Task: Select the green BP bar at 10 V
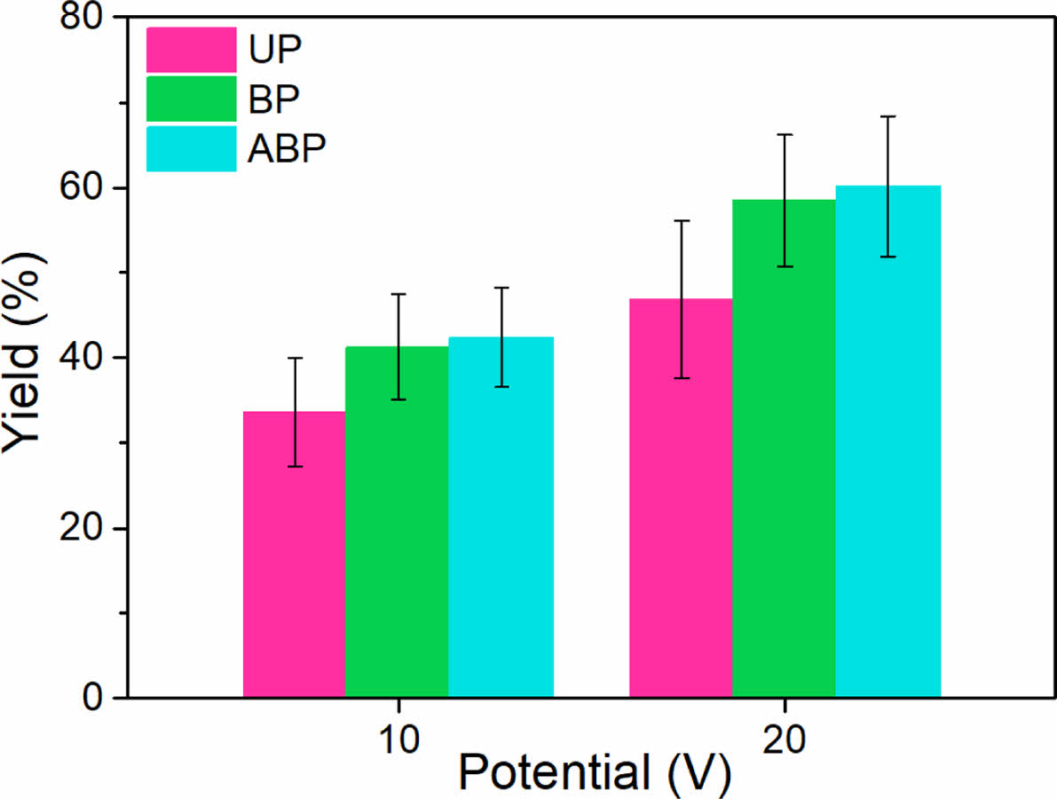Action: [x=397, y=533]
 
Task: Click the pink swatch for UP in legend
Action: [x=192, y=50]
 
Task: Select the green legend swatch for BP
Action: [x=192, y=99]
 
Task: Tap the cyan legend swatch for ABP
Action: [x=192, y=148]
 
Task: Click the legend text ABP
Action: [x=289, y=148]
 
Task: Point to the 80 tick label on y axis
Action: [x=83, y=20]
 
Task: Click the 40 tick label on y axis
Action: [x=83, y=358]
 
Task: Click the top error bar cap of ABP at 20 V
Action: [x=887, y=116]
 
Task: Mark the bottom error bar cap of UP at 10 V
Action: [x=294, y=466]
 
